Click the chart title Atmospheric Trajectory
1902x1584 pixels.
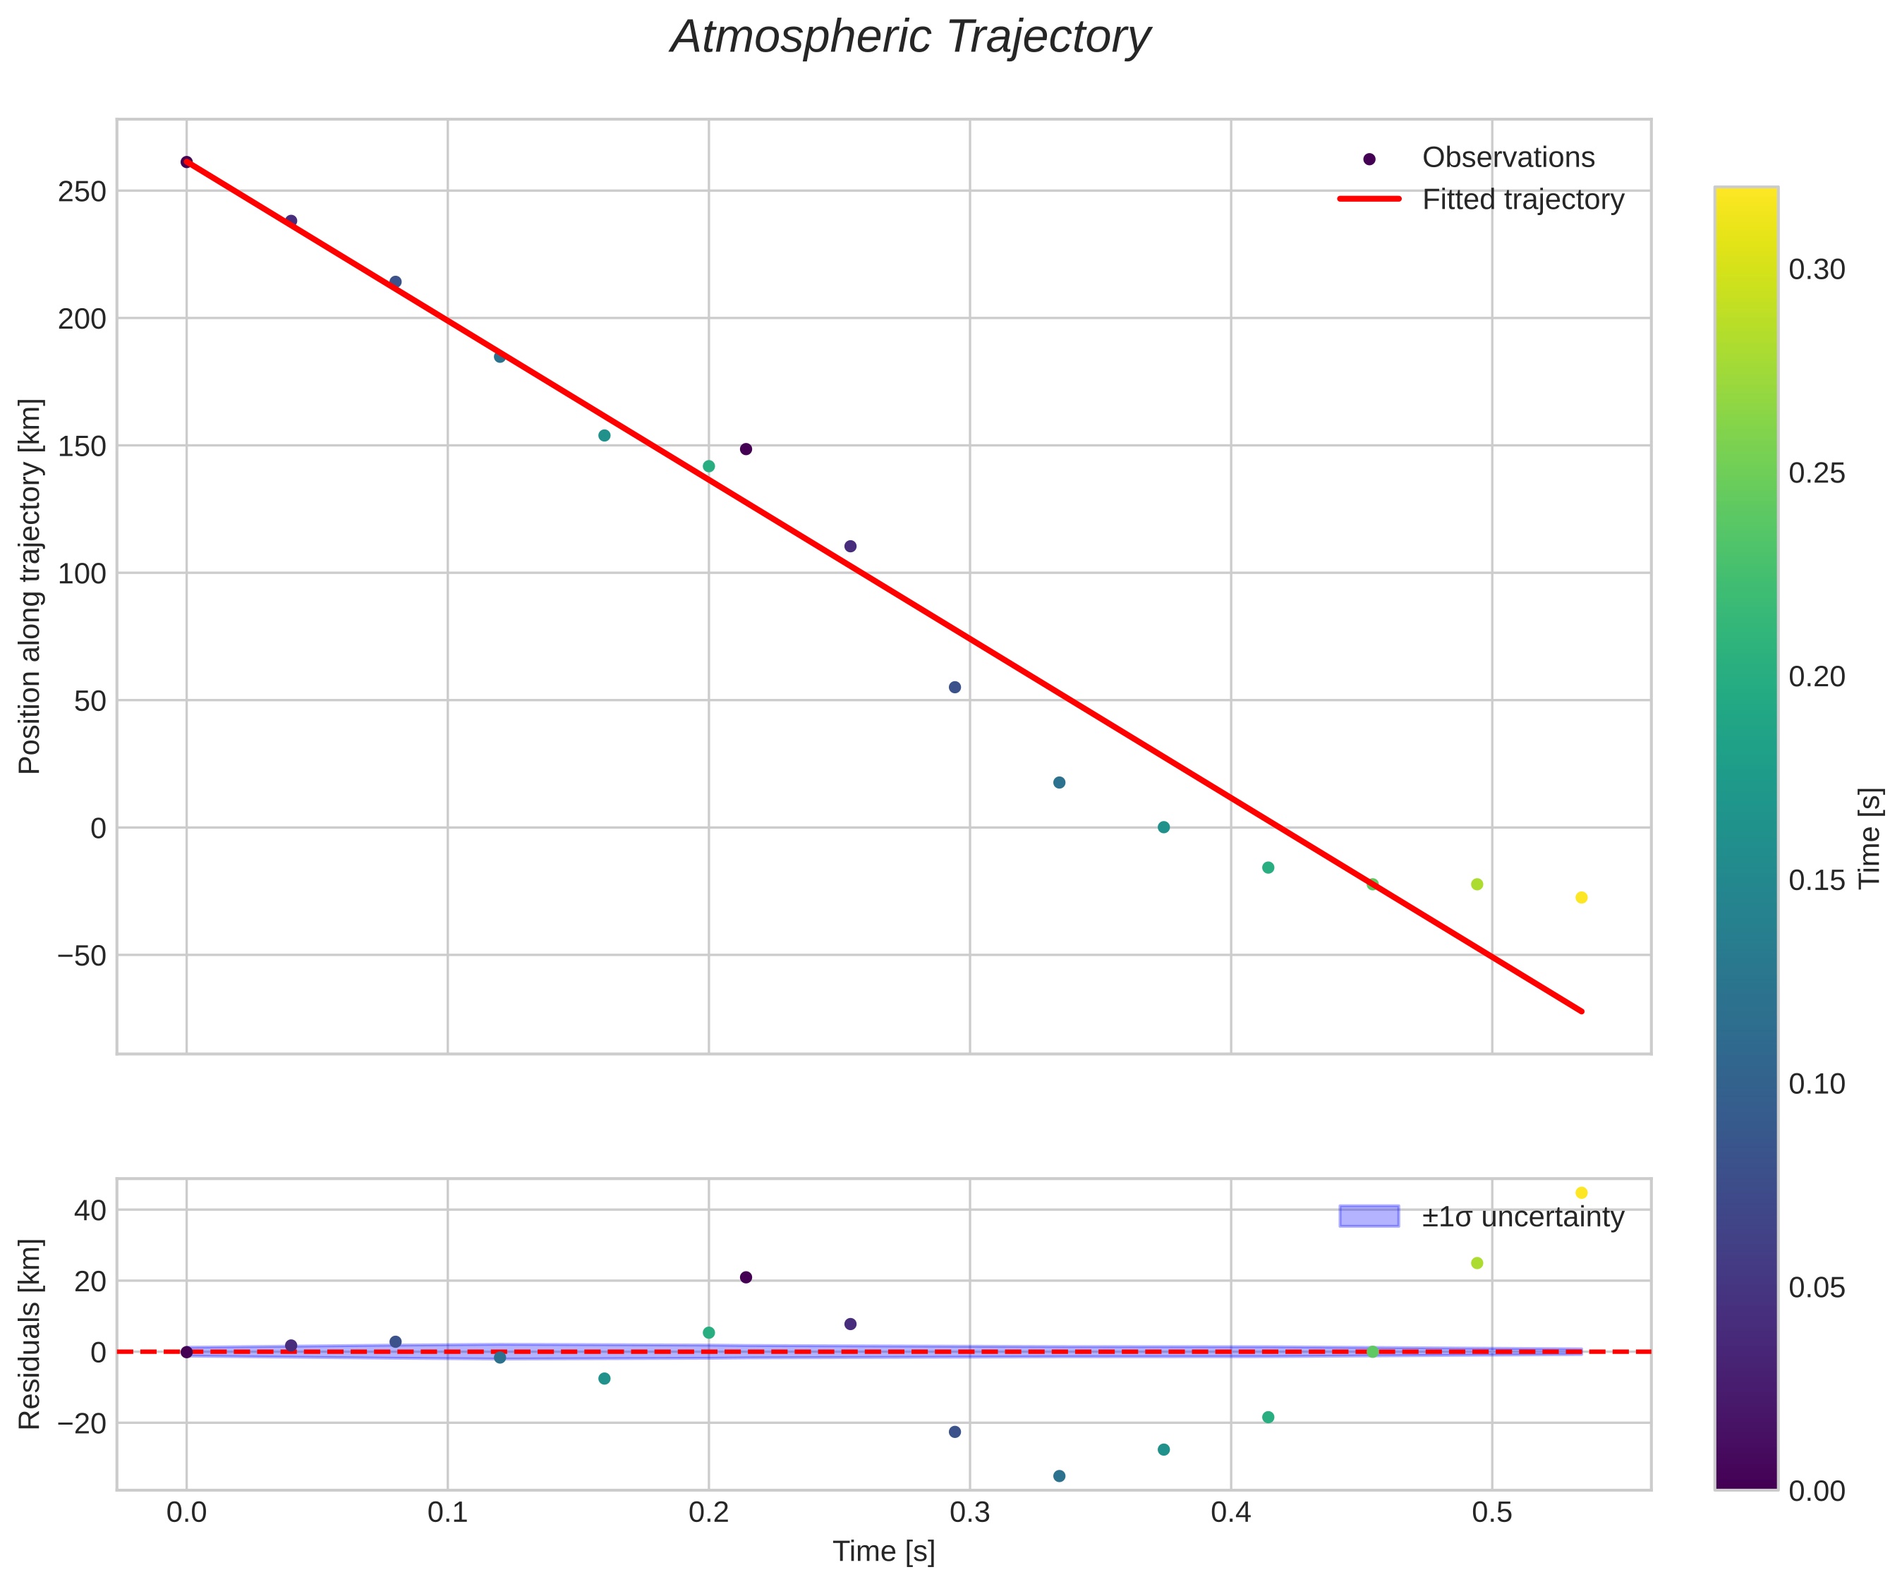pyautogui.click(x=909, y=38)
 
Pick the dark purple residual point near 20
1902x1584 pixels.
pyautogui.click(x=746, y=1277)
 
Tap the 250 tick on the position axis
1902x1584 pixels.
pyautogui.click(x=83, y=192)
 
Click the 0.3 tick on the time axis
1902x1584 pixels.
pyautogui.click(x=969, y=1513)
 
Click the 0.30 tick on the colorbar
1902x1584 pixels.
pyautogui.click(x=1817, y=270)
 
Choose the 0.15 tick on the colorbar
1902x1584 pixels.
pyautogui.click(x=1817, y=880)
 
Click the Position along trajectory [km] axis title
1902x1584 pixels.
pyautogui.click(x=30, y=586)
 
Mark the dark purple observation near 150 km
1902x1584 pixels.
pyautogui.click(x=746, y=449)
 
